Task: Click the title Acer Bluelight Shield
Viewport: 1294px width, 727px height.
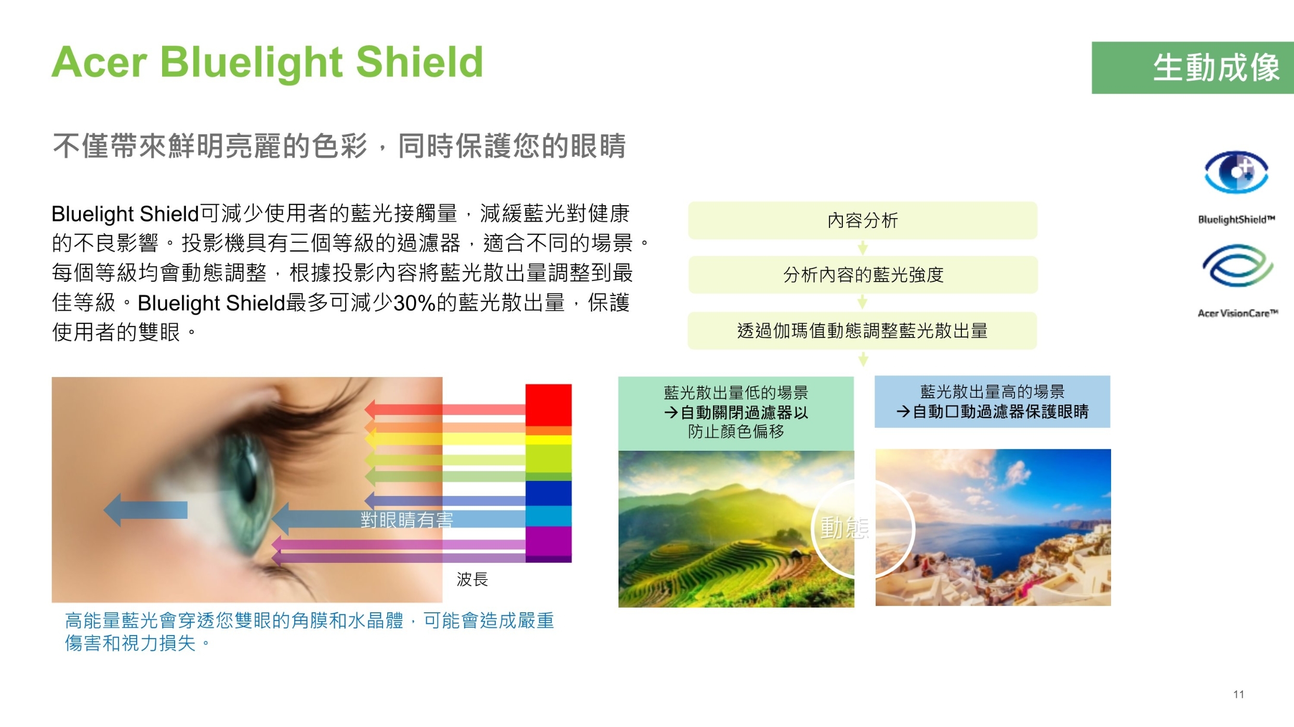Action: pyautogui.click(x=267, y=62)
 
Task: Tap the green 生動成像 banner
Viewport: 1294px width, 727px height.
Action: pyautogui.click(x=1193, y=68)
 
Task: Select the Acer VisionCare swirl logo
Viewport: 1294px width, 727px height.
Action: pyautogui.click(x=1237, y=265)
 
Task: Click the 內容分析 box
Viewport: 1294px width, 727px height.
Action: pyautogui.click(x=863, y=220)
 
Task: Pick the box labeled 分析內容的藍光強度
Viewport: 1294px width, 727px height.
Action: pyautogui.click(x=863, y=275)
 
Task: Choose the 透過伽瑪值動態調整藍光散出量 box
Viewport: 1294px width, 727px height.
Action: pyautogui.click(x=862, y=331)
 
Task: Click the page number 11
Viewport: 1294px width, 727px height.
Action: pyautogui.click(x=1238, y=694)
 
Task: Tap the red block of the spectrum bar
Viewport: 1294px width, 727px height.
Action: pyautogui.click(x=548, y=405)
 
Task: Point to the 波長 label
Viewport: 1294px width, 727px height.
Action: pyautogui.click(x=472, y=579)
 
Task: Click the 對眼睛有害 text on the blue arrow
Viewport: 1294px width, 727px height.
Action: pyautogui.click(x=407, y=520)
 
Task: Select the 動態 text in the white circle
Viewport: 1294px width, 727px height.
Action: pyautogui.click(x=844, y=528)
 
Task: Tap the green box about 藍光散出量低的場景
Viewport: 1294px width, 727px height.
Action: pyautogui.click(x=736, y=413)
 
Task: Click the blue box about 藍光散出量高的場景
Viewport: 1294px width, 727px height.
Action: pyautogui.click(x=993, y=402)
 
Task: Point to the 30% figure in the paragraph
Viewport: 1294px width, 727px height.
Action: pyautogui.click(x=415, y=303)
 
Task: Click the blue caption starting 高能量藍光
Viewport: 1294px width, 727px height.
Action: pyautogui.click(x=309, y=631)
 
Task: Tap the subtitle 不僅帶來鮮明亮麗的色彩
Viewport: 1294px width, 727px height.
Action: pyautogui.click(x=210, y=146)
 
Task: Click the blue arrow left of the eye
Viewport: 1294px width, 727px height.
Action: pyautogui.click(x=146, y=510)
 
